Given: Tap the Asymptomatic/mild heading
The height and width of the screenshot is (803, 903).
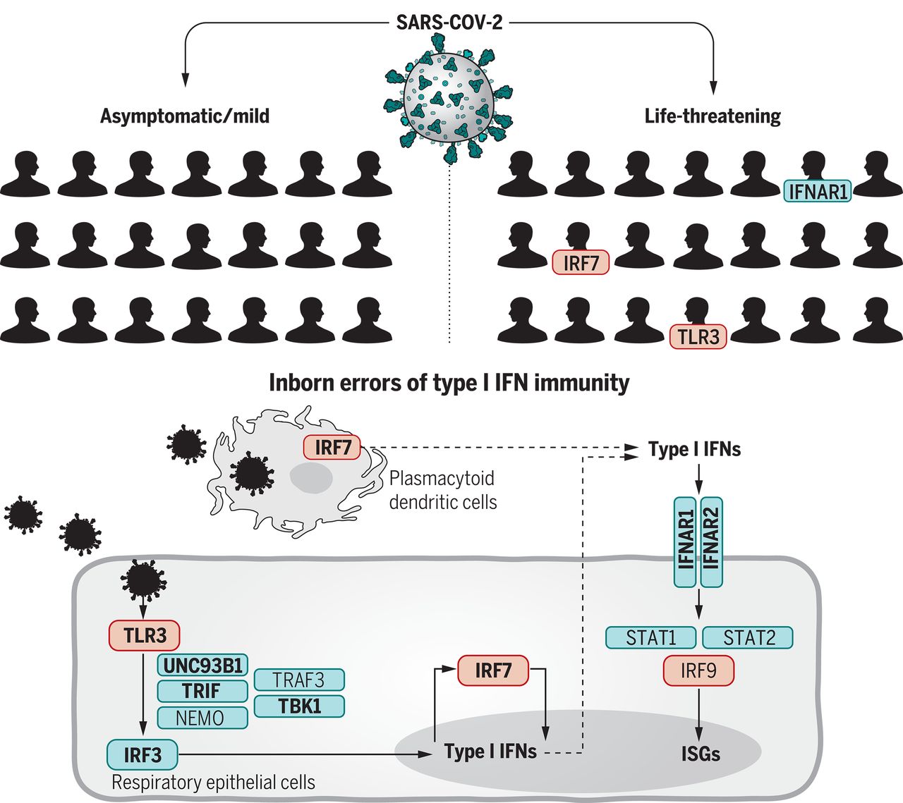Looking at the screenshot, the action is (x=185, y=116).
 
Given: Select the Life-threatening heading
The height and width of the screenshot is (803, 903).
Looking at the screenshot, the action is (x=713, y=116).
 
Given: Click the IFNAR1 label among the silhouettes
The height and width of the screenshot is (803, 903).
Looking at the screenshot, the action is (x=818, y=191).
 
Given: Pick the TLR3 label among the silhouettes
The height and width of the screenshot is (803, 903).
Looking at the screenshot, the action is (x=698, y=336).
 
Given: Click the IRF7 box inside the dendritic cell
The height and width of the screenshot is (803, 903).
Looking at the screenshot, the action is (x=332, y=447).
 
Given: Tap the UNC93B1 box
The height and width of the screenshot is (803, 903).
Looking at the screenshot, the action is (x=202, y=666).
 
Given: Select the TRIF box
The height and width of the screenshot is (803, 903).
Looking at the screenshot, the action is (x=202, y=691).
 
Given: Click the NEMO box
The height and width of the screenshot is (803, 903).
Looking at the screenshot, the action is (x=202, y=718).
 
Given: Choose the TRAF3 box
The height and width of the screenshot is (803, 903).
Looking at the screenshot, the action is (x=299, y=680).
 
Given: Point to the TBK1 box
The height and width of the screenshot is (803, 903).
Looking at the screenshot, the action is (x=299, y=706).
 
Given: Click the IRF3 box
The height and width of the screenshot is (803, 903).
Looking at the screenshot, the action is (x=143, y=754).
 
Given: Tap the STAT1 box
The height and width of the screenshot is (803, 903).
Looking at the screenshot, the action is (x=650, y=637).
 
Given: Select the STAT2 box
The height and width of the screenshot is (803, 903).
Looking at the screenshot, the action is (x=748, y=637).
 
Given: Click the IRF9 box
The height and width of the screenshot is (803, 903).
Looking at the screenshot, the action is (x=698, y=670).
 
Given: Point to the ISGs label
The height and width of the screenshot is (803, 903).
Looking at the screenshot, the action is (x=701, y=754).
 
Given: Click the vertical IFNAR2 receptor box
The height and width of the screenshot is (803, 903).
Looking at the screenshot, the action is (x=712, y=542).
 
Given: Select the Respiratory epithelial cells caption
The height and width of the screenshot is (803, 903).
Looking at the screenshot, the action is (x=213, y=783).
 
